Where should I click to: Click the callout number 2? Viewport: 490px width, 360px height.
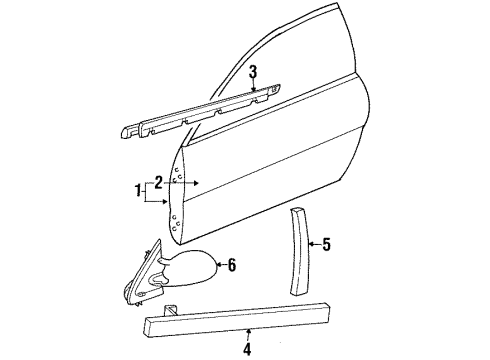click(x=156, y=184)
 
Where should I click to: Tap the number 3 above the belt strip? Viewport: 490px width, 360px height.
click(x=254, y=71)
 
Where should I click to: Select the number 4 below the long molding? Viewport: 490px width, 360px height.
click(x=248, y=350)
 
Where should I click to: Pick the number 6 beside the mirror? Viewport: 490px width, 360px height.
click(x=232, y=264)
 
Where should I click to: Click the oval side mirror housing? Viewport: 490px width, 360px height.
click(x=191, y=270)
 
